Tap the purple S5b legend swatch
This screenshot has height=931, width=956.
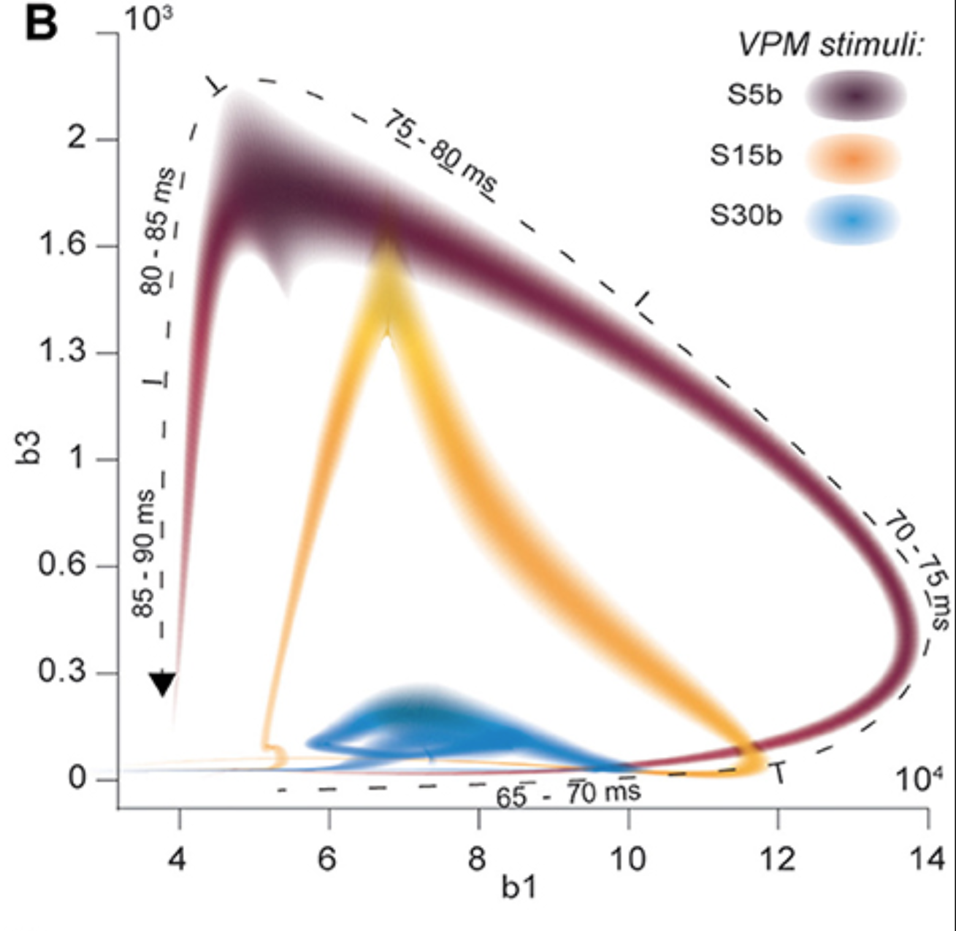(x=855, y=96)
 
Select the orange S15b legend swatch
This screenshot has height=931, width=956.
(x=853, y=158)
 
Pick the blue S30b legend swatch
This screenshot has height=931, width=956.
(x=853, y=220)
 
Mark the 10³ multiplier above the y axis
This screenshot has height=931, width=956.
(x=148, y=20)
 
